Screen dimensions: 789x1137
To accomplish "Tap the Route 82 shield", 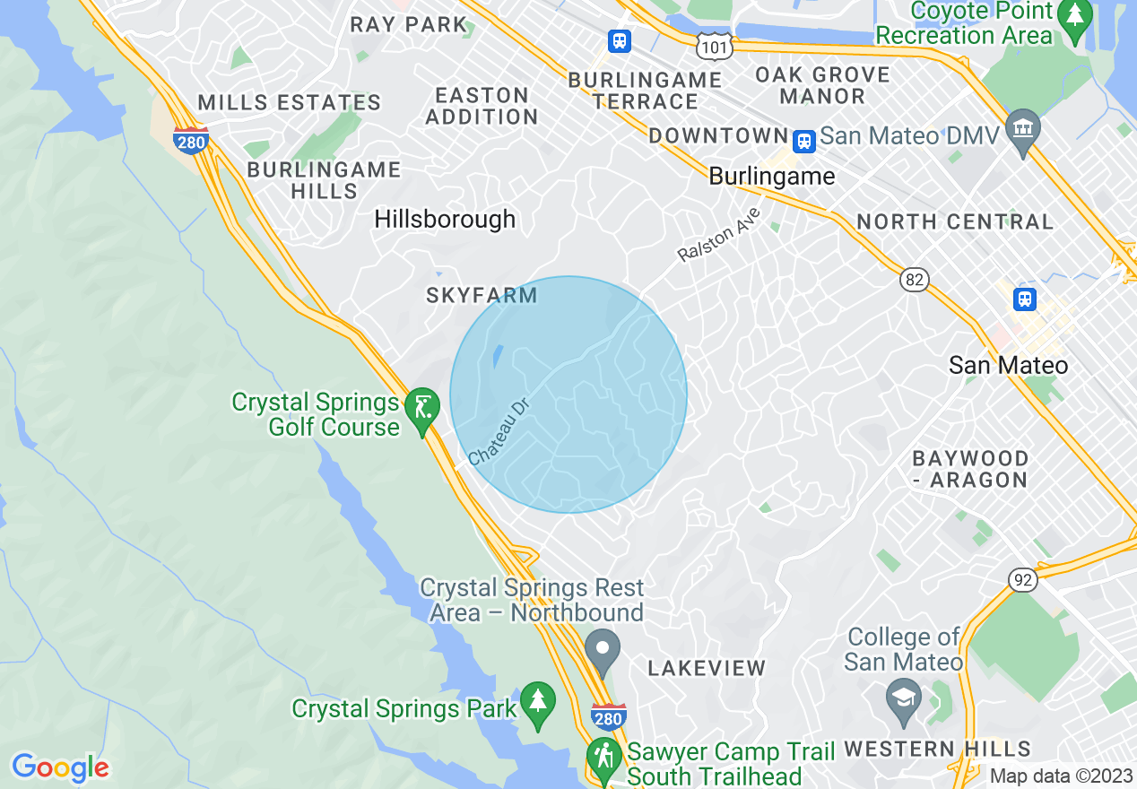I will tap(914, 281).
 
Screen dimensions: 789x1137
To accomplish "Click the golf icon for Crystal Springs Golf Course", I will tap(421, 409).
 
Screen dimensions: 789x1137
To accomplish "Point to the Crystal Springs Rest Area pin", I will tap(603, 648).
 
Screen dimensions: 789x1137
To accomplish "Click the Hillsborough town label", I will tap(445, 219).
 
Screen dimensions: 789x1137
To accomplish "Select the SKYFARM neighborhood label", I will tap(482, 295).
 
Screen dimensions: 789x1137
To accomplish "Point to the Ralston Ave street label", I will tap(718, 235).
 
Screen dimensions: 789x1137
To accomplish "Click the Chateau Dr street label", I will tap(499, 432).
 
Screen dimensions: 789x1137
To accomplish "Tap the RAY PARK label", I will tap(409, 24).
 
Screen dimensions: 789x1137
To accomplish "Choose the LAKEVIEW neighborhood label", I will tap(707, 668).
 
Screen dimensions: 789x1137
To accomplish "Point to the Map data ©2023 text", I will tap(1061, 776).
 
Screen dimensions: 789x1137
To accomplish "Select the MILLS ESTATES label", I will tap(289, 102).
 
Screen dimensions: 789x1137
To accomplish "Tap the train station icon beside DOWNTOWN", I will tap(803, 140).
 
